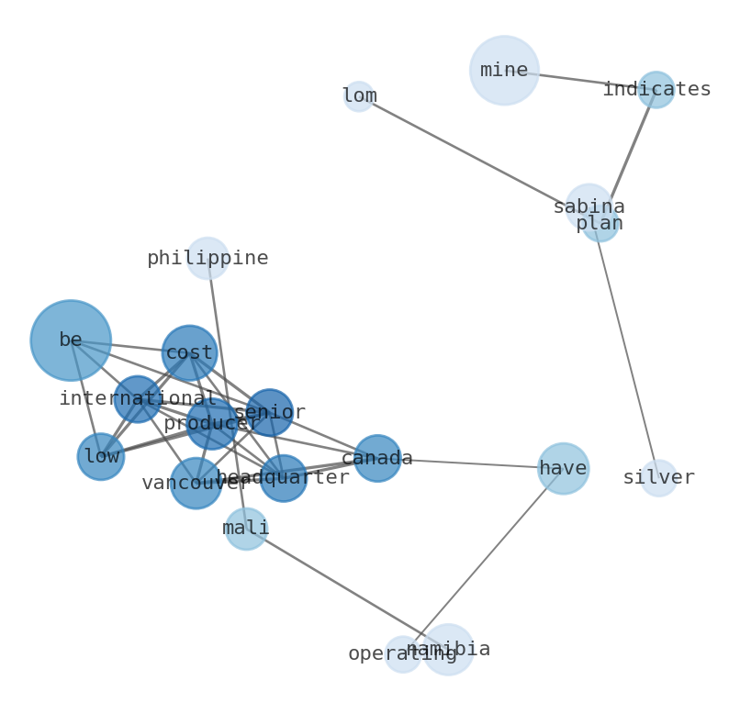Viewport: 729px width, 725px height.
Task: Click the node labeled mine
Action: [503, 70]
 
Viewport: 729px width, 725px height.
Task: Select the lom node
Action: [358, 96]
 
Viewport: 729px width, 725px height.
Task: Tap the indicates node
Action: [656, 90]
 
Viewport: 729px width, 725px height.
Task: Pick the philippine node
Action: [207, 258]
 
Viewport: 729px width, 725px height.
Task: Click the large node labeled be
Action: [71, 340]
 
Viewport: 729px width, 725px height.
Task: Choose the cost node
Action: [189, 352]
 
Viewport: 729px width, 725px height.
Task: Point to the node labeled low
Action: [101, 456]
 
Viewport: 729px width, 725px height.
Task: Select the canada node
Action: [377, 458]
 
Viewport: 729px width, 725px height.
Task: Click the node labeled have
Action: [563, 468]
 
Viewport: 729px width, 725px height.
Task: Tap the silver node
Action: [658, 478]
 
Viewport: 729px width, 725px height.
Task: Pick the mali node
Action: [246, 529]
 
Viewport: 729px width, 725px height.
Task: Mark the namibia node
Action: [448, 649]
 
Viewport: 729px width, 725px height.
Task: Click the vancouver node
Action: [196, 483]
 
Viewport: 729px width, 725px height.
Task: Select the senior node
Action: [269, 412]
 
